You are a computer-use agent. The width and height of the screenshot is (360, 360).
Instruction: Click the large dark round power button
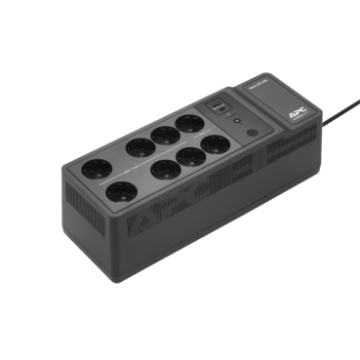tap(252, 133)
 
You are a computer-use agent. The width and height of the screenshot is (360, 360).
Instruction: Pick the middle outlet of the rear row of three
tap(164, 135)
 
